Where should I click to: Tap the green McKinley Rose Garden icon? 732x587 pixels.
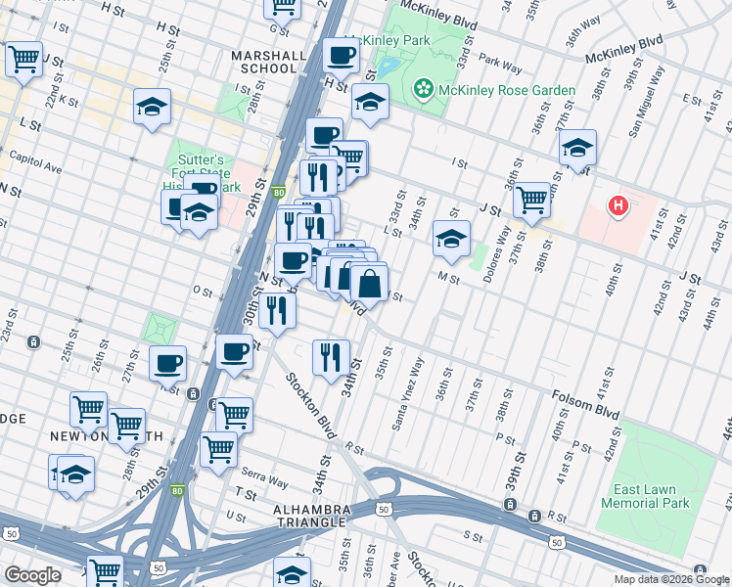tap(424, 90)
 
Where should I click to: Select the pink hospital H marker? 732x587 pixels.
tap(618, 205)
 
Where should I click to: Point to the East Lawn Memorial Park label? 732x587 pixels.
tap(653, 496)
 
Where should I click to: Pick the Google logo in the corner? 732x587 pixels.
tap(32, 575)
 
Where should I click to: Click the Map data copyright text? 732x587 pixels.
tap(671, 579)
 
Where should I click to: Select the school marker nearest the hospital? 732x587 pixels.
tap(578, 149)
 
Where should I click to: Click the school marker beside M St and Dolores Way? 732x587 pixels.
tap(451, 239)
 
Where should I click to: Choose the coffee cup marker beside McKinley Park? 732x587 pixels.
tap(342, 56)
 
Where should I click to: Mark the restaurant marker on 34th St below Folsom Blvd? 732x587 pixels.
tap(331, 356)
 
